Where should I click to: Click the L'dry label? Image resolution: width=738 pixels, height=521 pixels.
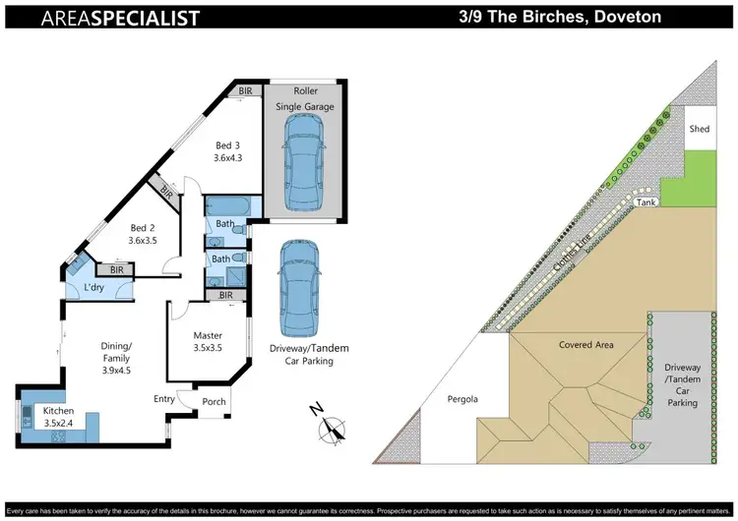94,288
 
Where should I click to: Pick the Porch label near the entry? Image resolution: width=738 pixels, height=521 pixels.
214,401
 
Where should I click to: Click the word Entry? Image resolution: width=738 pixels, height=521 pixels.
165,398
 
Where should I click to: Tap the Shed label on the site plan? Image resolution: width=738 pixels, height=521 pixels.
699,129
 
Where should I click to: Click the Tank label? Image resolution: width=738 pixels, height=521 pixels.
646,202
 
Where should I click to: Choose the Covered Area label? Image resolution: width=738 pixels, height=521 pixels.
586,345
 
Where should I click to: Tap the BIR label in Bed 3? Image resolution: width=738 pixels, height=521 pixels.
245,91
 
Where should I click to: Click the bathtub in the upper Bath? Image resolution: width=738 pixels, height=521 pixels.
226,207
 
